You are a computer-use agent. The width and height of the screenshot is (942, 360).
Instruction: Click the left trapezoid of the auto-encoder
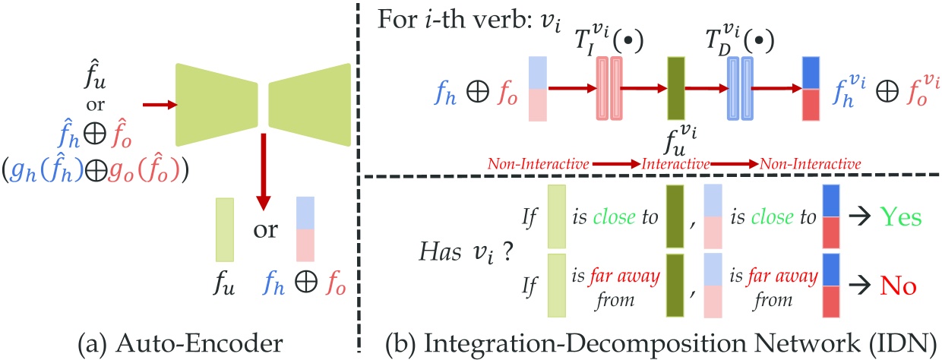[216, 104]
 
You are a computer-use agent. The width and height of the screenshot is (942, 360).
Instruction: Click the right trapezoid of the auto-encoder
[308, 104]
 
